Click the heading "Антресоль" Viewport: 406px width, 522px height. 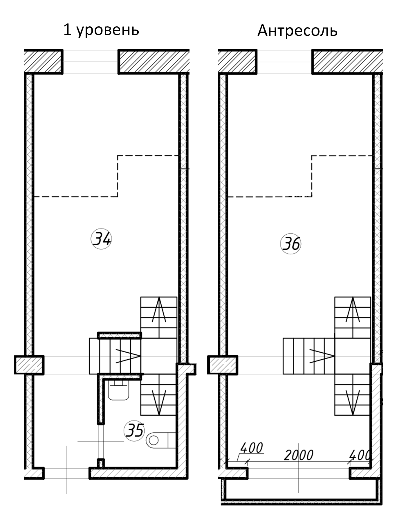297,30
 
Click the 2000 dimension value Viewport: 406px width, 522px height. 299,455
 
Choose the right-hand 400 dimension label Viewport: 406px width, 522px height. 360,455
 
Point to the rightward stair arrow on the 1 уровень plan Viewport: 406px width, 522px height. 128,356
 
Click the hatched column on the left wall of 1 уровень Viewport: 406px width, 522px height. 29,365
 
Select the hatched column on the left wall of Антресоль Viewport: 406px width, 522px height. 223,365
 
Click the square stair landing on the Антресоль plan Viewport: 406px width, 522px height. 353,356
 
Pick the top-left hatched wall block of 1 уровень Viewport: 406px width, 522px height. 44,61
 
